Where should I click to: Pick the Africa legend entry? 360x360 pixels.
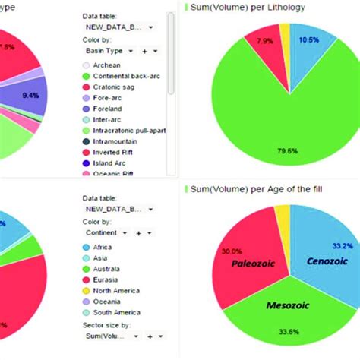[x=103, y=248]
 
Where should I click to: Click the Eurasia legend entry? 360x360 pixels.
[x=106, y=279]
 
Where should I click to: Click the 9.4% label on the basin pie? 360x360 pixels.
[x=31, y=96]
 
